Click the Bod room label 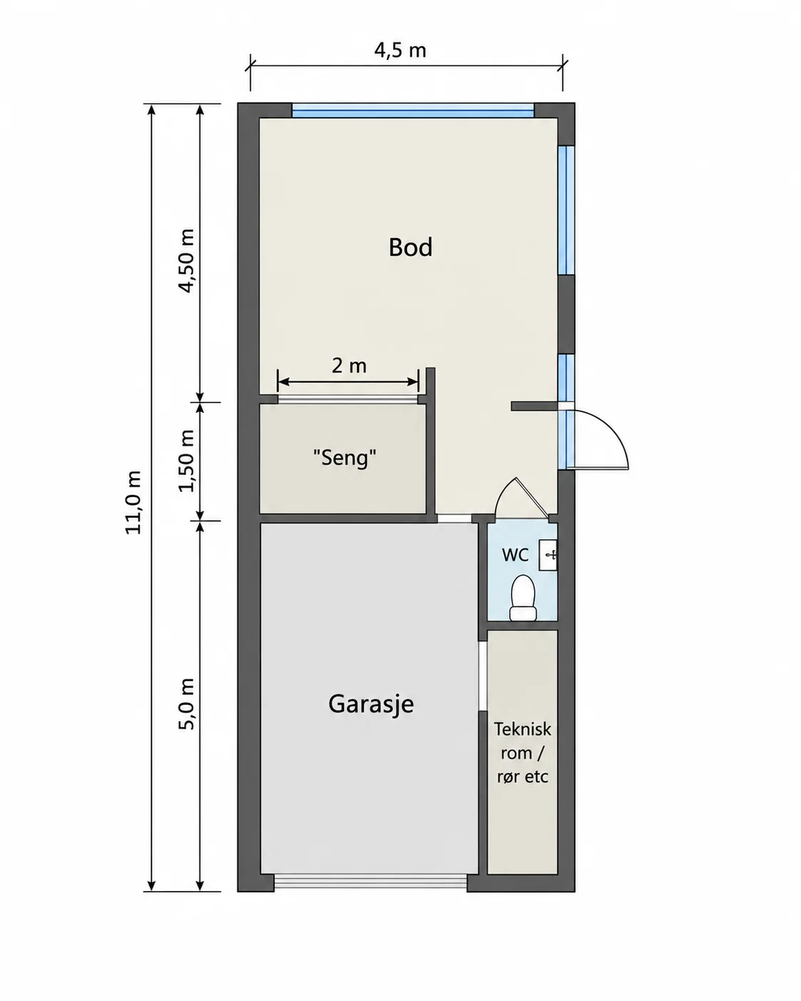[x=410, y=247]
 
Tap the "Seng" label [x=344, y=458]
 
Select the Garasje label [x=371, y=704]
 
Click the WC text [x=515, y=555]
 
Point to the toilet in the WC [x=523, y=598]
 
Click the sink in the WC [x=548, y=555]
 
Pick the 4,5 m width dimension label [x=400, y=50]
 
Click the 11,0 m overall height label [x=133, y=503]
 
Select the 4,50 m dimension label [x=186, y=261]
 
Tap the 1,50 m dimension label [x=186, y=461]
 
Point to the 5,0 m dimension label [x=186, y=704]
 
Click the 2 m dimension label [x=349, y=366]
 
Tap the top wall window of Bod [x=413, y=110]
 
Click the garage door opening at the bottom [x=371, y=881]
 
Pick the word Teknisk [x=523, y=729]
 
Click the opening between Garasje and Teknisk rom [x=483, y=676]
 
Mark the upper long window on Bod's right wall [x=566, y=210]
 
